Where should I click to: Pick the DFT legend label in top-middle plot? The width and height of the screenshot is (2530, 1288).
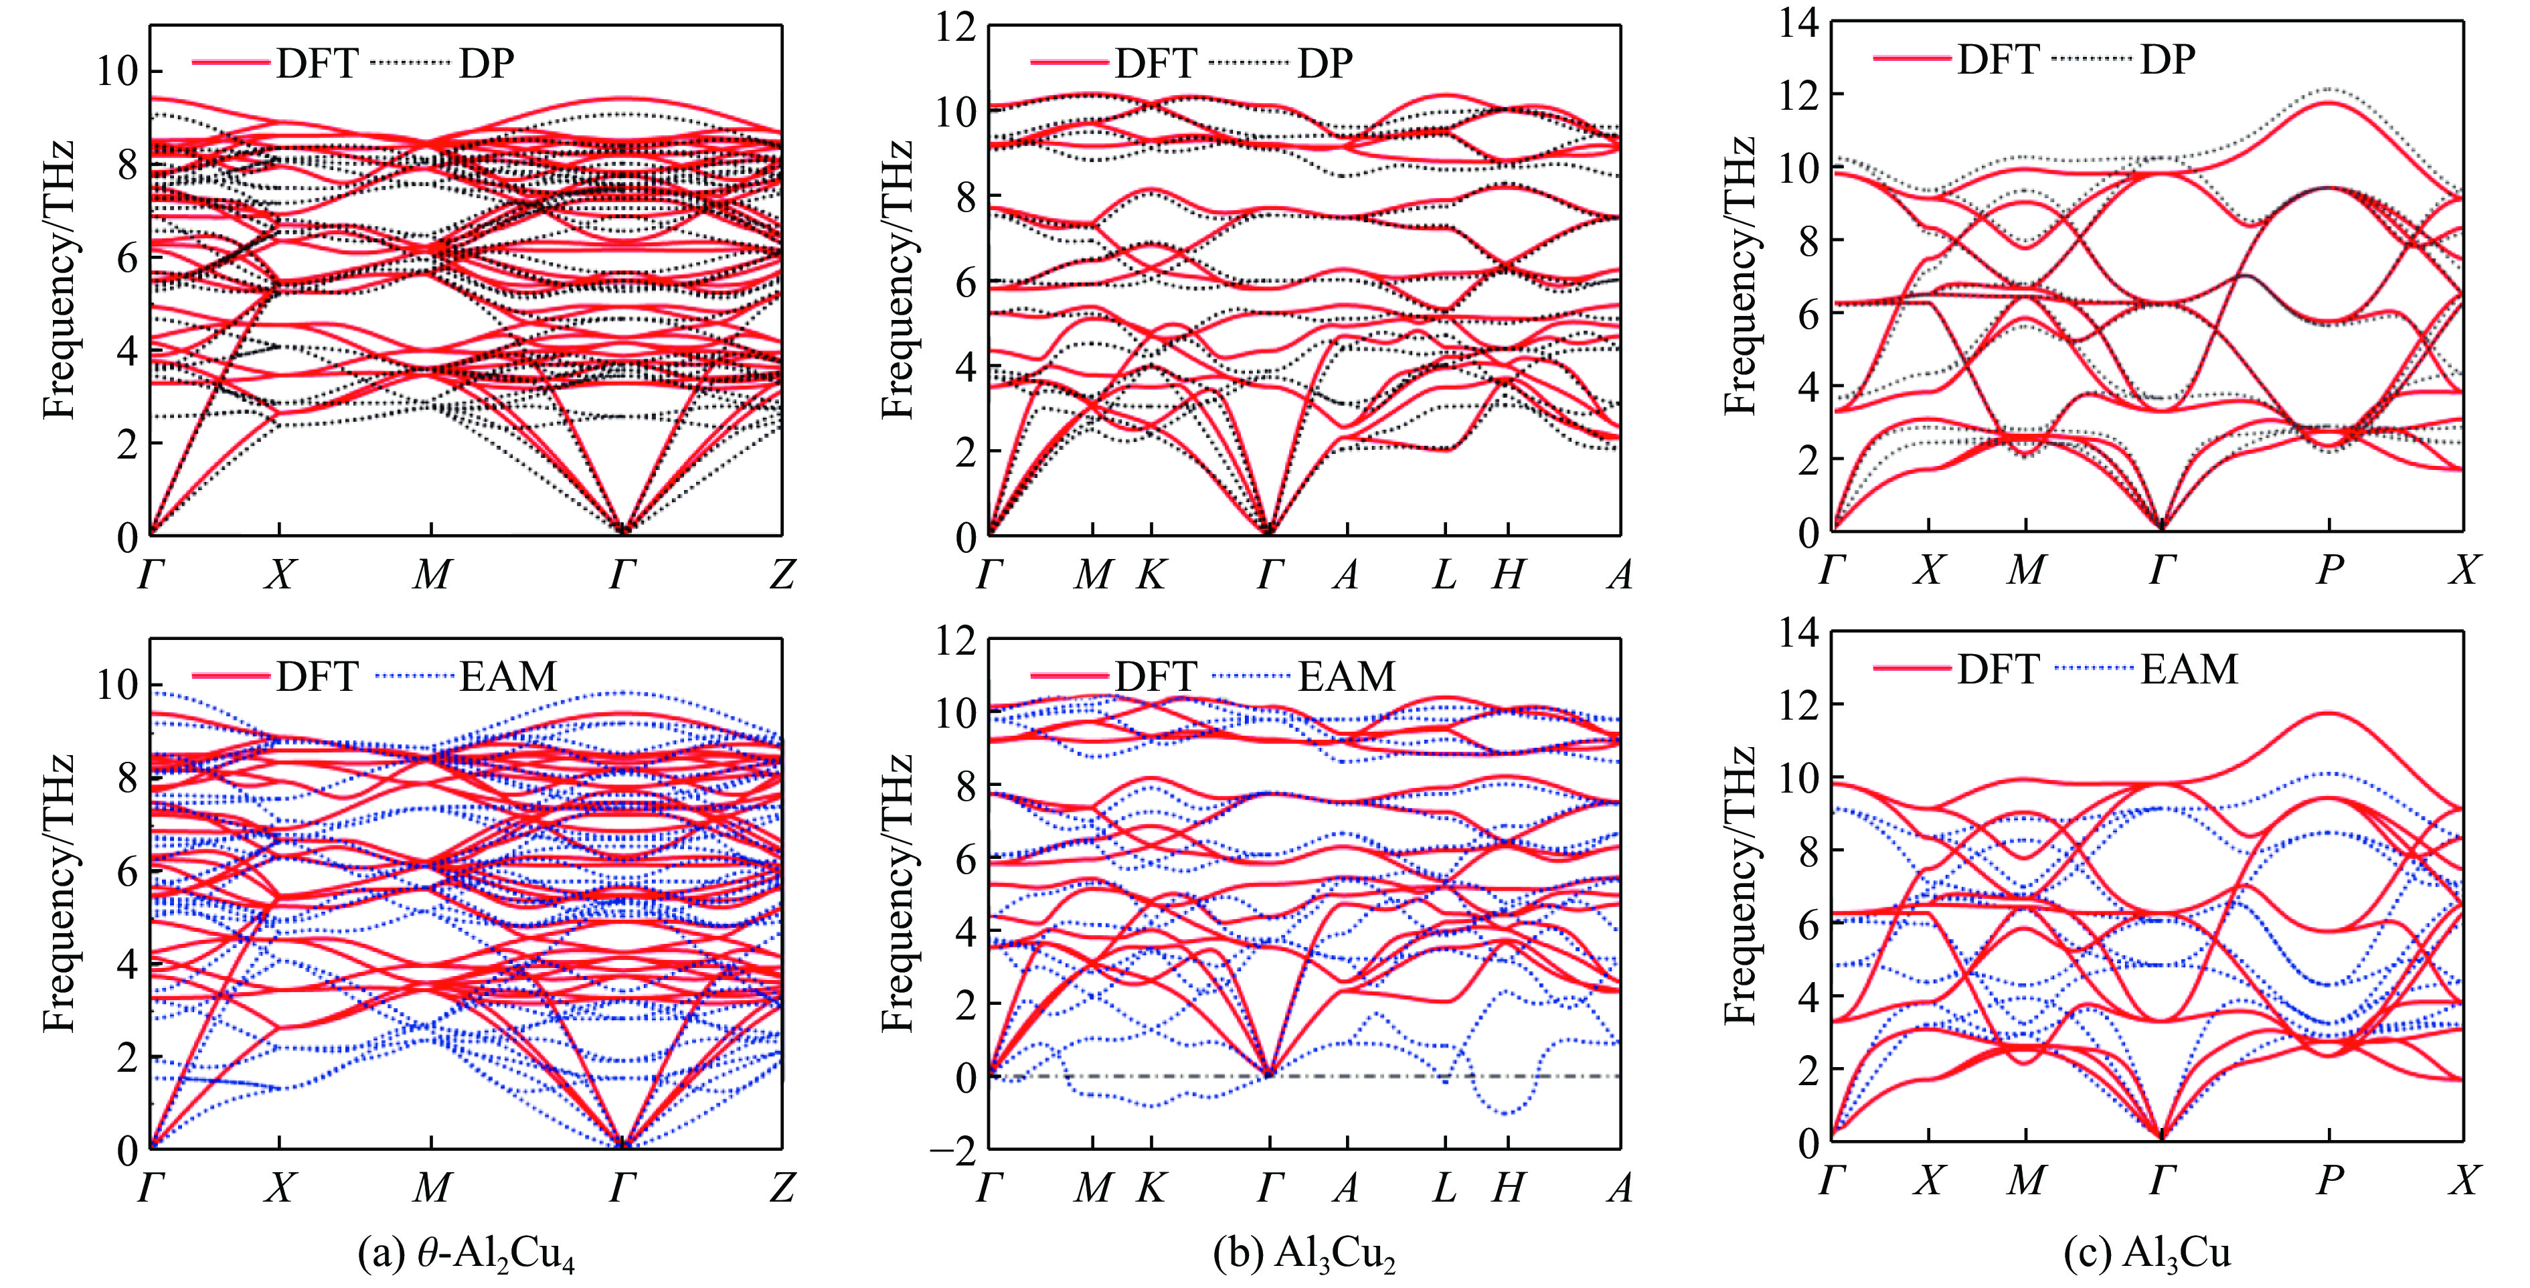1155,64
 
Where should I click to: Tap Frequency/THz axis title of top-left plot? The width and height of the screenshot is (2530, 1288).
59,280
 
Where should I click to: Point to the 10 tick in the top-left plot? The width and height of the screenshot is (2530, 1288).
116,72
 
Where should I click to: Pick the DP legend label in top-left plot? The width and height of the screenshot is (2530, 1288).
486,64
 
